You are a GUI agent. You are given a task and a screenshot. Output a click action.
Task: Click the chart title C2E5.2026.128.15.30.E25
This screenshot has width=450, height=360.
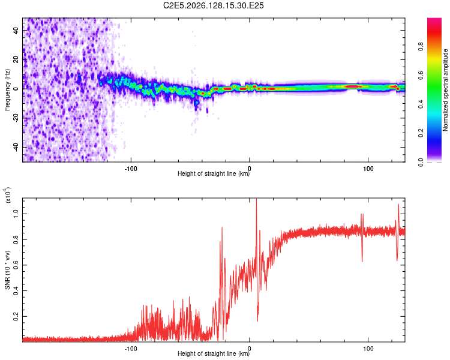[x=213, y=5]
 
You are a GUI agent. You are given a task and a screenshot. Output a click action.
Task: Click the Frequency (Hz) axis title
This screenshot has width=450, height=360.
[x=7, y=90]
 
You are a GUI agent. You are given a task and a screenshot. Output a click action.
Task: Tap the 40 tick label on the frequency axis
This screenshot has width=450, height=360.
[x=16, y=30]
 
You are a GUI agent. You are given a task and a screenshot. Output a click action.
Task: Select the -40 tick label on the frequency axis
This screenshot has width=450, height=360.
[x=16, y=148]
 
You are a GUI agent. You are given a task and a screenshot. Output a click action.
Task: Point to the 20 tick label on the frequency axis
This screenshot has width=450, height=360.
[x=16, y=59]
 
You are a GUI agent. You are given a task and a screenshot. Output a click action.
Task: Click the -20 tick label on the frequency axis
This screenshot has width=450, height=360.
[x=16, y=118]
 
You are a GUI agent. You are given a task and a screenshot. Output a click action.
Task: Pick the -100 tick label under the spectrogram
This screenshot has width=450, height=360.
[x=131, y=169]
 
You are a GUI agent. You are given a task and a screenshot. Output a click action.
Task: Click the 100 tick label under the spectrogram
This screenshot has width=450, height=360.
[x=368, y=169]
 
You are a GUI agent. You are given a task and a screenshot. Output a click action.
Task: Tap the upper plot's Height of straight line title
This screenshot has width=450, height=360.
[x=214, y=173]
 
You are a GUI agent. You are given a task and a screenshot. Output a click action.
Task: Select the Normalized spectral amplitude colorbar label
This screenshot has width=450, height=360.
[x=445, y=90]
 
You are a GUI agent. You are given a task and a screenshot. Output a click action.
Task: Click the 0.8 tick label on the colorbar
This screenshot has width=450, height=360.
[x=421, y=46]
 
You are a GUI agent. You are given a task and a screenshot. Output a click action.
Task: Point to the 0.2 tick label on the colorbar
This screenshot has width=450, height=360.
[x=421, y=133]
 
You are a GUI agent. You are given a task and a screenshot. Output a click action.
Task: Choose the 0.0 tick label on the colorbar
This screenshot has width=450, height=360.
[x=421, y=162]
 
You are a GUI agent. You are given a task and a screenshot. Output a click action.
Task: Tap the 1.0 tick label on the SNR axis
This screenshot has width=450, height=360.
[x=16, y=214]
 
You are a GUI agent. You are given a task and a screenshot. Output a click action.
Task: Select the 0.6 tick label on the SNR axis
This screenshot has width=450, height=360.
[x=16, y=265]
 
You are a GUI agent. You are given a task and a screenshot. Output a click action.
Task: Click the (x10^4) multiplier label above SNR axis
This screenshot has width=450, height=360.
[x=8, y=195]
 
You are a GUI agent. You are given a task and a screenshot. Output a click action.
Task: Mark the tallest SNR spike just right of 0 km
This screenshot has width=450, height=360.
[x=257, y=199]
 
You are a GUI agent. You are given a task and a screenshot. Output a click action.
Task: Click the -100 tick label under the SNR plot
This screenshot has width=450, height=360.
[x=131, y=349]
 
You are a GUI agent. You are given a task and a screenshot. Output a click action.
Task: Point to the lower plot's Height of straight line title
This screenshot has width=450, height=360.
[x=214, y=353]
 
